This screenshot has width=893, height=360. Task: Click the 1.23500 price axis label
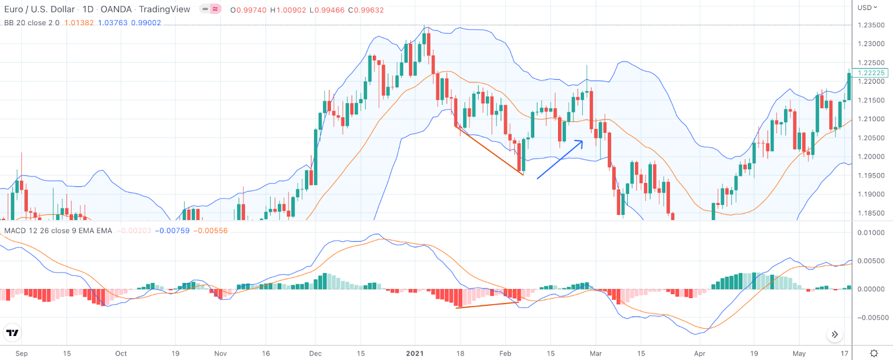point(871,25)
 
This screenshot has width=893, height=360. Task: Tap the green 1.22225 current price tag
point(871,73)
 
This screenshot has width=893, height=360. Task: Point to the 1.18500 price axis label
point(871,213)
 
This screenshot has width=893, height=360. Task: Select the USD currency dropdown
point(867,7)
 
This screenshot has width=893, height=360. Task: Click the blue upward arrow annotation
point(560,160)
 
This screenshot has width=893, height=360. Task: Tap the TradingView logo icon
point(12,333)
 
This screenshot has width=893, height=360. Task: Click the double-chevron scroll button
point(834,334)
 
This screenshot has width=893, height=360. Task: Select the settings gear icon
point(873,353)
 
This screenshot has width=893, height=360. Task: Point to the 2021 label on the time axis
point(415,353)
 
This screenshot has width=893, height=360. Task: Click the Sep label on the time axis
point(22,353)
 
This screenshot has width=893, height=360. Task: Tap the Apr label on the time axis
point(699,353)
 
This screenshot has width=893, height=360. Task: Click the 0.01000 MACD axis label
point(871,233)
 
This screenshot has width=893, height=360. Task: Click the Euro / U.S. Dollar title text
point(40,9)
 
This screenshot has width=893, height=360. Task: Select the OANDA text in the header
point(116,9)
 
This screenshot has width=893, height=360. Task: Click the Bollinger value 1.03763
point(113,23)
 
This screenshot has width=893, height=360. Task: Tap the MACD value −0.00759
point(172,231)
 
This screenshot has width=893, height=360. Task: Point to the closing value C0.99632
point(366,10)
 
